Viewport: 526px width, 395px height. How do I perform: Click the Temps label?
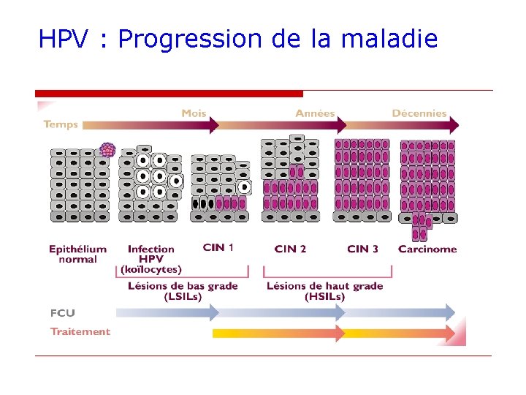point(61,124)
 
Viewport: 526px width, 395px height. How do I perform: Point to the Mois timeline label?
point(194,113)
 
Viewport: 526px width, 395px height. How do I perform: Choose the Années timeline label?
point(315,113)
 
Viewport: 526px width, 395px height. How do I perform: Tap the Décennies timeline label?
point(419,113)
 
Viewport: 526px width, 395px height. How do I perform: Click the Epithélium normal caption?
point(77,254)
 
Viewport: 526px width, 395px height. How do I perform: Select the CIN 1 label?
point(218,248)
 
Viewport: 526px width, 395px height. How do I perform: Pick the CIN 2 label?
point(290,249)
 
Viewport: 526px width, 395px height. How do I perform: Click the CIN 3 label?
point(362,249)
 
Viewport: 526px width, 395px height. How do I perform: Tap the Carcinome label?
point(427,249)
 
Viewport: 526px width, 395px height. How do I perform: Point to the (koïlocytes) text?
point(151,269)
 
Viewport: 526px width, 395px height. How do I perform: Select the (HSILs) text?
point(324,296)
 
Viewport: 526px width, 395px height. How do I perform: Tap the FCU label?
point(63,313)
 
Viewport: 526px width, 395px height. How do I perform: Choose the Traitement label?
point(80,331)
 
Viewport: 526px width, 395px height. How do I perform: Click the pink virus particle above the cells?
point(107,150)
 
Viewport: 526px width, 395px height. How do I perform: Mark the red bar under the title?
point(169,94)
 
